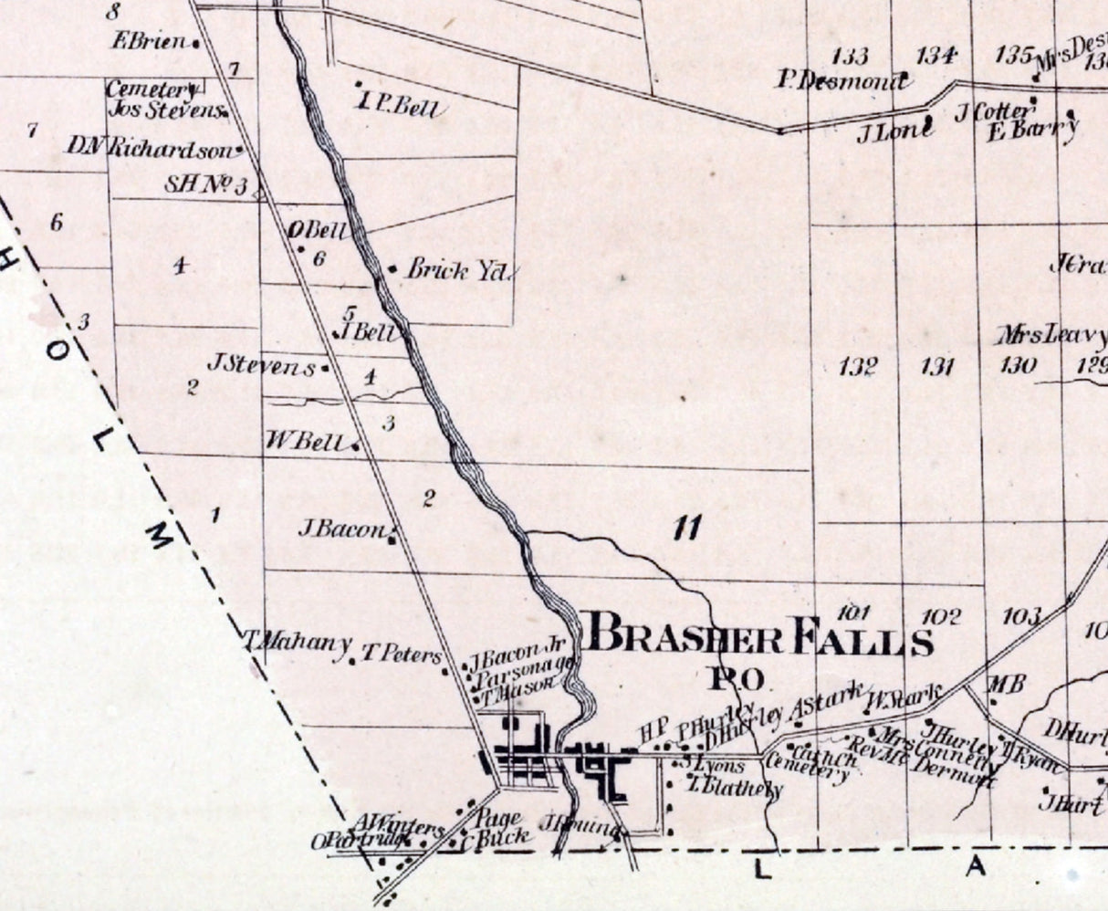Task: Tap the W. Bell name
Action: (304, 442)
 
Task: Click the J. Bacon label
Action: (342, 529)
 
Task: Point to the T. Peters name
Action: (402, 654)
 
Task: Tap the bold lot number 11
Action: (686, 528)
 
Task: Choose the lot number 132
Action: (858, 368)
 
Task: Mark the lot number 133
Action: (851, 57)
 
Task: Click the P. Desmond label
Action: (842, 81)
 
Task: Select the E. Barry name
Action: (1032, 131)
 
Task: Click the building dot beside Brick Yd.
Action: (392, 269)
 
